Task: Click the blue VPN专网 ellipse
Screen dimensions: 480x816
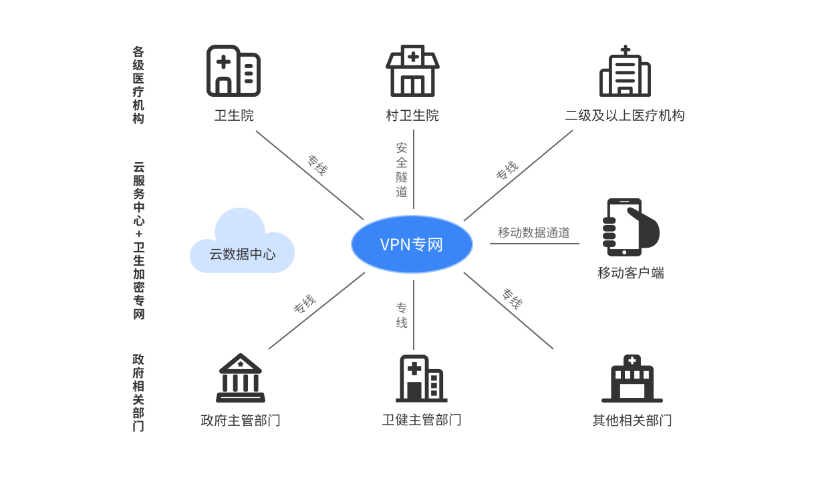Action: point(412,245)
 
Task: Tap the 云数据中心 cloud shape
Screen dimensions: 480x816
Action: point(242,244)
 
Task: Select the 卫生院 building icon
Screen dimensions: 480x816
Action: point(233,71)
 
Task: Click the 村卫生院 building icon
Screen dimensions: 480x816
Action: point(412,71)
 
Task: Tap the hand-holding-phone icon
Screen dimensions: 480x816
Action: point(627,227)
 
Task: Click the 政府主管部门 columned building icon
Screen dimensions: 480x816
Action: point(240,378)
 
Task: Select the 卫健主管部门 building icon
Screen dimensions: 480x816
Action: point(421,378)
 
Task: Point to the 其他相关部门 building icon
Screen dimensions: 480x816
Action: point(632,379)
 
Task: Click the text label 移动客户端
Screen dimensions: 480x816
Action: point(630,273)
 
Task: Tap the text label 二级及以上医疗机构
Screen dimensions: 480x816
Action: point(625,115)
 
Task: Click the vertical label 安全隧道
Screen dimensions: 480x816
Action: point(402,170)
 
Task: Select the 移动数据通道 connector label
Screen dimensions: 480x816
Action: point(534,233)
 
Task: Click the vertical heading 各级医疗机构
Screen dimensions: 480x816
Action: point(138,85)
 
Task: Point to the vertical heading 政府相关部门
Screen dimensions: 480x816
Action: point(138,393)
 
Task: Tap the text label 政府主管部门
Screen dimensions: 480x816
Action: point(240,421)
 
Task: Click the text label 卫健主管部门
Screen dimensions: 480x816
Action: point(422,420)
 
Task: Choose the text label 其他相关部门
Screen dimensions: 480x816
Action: point(632,421)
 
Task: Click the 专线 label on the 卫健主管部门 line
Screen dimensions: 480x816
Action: point(402,315)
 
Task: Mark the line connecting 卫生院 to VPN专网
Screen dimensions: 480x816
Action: point(294,164)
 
